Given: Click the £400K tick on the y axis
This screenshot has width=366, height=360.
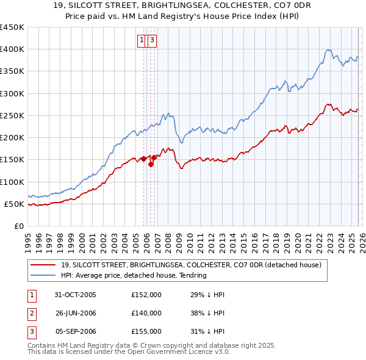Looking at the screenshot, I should tap(12, 49).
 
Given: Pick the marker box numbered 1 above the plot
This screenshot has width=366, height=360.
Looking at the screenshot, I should tap(142, 41).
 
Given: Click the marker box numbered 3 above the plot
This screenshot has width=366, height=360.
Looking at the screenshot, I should tap(151, 41).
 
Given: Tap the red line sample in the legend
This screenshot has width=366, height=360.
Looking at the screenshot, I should tap(44, 265).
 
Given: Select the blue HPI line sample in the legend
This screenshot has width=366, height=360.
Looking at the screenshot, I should tap(44, 275).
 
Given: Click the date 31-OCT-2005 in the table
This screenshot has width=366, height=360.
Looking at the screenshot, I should tap(76, 295).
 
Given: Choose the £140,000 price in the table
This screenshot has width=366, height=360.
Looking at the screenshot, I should tap(146, 313).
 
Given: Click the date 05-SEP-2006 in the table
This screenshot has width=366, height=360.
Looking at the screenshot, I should tap(76, 331).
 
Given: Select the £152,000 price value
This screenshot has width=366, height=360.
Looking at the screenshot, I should tap(146, 295).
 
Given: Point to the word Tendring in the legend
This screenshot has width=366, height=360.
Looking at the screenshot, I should tap(192, 275).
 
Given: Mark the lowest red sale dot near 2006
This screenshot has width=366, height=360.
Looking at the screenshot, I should tap(151, 164).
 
